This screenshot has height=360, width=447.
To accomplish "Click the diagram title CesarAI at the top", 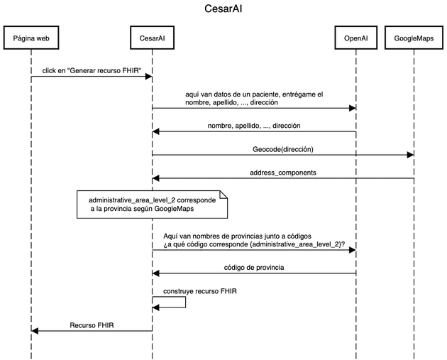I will (x=224, y=10).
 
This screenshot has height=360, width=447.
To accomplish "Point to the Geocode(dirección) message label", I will (x=282, y=149).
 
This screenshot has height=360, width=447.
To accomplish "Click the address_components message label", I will (x=282, y=173).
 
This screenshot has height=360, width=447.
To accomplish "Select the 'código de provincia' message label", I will (x=254, y=267).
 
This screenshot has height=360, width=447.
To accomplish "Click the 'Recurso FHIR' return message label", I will (x=92, y=325).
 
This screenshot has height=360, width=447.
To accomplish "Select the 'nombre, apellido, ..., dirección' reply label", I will (x=254, y=126).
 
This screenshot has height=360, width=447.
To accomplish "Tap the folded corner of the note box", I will (x=223, y=194).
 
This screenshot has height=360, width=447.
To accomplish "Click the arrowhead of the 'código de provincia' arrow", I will (x=156, y=273).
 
